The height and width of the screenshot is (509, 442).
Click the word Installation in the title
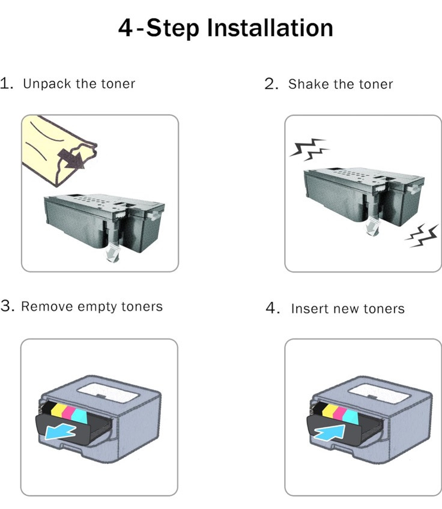[270, 28]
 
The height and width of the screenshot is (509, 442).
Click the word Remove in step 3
[47, 307]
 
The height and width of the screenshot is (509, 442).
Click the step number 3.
[7, 306]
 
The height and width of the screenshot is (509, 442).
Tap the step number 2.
[271, 84]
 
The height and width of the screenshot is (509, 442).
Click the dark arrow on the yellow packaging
[72, 159]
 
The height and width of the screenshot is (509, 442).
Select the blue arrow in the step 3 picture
[61, 432]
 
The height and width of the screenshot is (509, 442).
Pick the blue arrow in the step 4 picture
[330, 433]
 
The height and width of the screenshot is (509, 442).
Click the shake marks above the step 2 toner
[309, 149]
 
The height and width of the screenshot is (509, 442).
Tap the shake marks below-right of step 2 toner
[422, 236]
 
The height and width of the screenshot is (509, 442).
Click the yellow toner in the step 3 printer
[57, 410]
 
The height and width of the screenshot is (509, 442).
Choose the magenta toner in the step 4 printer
[340, 412]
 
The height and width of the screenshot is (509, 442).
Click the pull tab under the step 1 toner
[113, 253]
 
